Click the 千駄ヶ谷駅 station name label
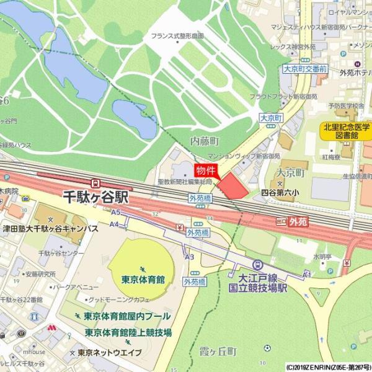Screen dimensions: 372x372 [x=95, y=198]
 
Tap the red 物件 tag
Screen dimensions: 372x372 [x=206, y=170]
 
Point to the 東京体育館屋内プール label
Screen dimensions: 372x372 [x=127, y=316]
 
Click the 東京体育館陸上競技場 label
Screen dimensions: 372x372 [x=128, y=332]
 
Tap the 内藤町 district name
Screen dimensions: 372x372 [x=205, y=141]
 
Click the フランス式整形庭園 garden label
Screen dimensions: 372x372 [x=177, y=37]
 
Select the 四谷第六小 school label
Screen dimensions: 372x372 [x=280, y=193]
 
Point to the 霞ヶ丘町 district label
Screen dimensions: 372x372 [x=216, y=352]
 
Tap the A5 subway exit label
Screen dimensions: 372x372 [x=115, y=212]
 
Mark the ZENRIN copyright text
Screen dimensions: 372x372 [x=329, y=367]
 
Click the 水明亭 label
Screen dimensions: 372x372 [x=322, y=255]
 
